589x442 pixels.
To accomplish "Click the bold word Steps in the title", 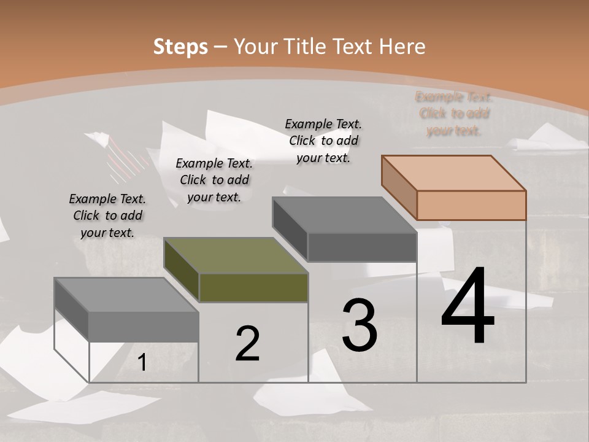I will pos(180,47).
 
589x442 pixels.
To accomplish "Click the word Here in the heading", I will pos(402,47).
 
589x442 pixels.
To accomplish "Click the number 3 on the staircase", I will pos(360,325).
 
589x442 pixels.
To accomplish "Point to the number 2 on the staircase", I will pos(247,344).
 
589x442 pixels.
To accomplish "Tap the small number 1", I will pos(142,363).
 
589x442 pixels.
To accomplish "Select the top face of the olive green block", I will pos(236,255).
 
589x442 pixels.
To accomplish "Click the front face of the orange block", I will pos(471,205).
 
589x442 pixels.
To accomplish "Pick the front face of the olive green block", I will pos(253,288).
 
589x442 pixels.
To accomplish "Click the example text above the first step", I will pos(107,215).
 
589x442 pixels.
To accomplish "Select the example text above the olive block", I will pos(214,180).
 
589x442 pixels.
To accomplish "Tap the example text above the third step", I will pos(323,141).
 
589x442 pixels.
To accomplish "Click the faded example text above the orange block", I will pos(454,114).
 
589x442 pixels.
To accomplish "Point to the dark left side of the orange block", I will pos(399,187).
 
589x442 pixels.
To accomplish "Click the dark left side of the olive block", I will pos(182,269).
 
